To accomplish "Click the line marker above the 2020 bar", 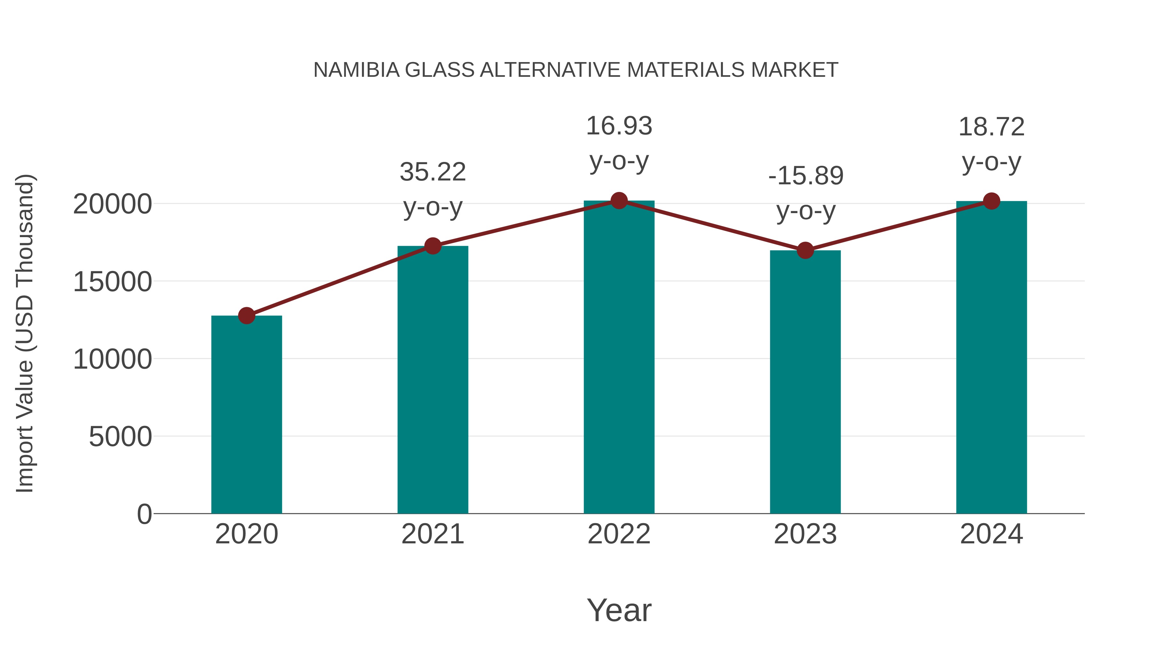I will coord(246,316).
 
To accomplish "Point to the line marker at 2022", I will coord(619,201).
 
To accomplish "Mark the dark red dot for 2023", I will coord(805,251).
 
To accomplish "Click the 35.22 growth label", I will coord(432,172).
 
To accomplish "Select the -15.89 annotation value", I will coord(805,176).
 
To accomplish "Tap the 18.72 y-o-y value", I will coord(991,127).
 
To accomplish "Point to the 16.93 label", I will coord(619,126).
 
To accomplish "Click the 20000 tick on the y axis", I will coord(112,204).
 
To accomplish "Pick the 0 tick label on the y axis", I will coord(144,514).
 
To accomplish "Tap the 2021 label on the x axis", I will coord(432,534).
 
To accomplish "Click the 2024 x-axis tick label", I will coord(991,534).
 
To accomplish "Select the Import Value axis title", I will coord(25,333).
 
